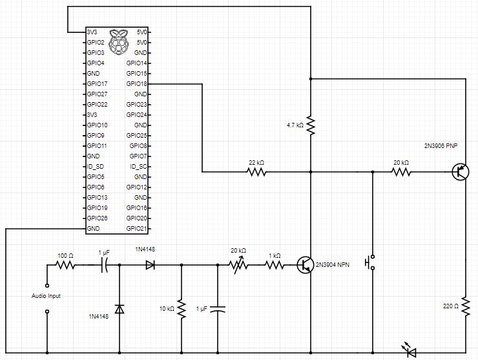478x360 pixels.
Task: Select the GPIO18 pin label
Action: pos(138,84)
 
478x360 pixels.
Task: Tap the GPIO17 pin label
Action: pos(97,84)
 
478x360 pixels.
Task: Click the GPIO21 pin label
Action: pos(138,229)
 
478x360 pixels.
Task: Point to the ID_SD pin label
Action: pos(96,167)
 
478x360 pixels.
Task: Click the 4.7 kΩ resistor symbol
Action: pos(311,125)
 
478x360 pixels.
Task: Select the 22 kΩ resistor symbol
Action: pos(256,172)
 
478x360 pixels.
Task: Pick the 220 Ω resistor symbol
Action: pos(465,304)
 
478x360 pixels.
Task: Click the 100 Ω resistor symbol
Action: pos(66,265)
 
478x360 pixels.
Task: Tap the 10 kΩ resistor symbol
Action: pos(181,308)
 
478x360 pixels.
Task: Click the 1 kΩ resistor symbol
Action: pos(275,264)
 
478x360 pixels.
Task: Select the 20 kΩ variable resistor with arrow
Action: pos(238,264)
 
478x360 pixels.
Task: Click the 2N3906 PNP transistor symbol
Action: pos(461,172)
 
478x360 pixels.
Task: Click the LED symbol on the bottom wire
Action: pos(410,352)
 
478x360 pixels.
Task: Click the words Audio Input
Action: pos(47,295)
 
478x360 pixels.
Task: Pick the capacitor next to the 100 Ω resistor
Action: pos(104,265)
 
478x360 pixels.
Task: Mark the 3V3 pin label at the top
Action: pos(92,32)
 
